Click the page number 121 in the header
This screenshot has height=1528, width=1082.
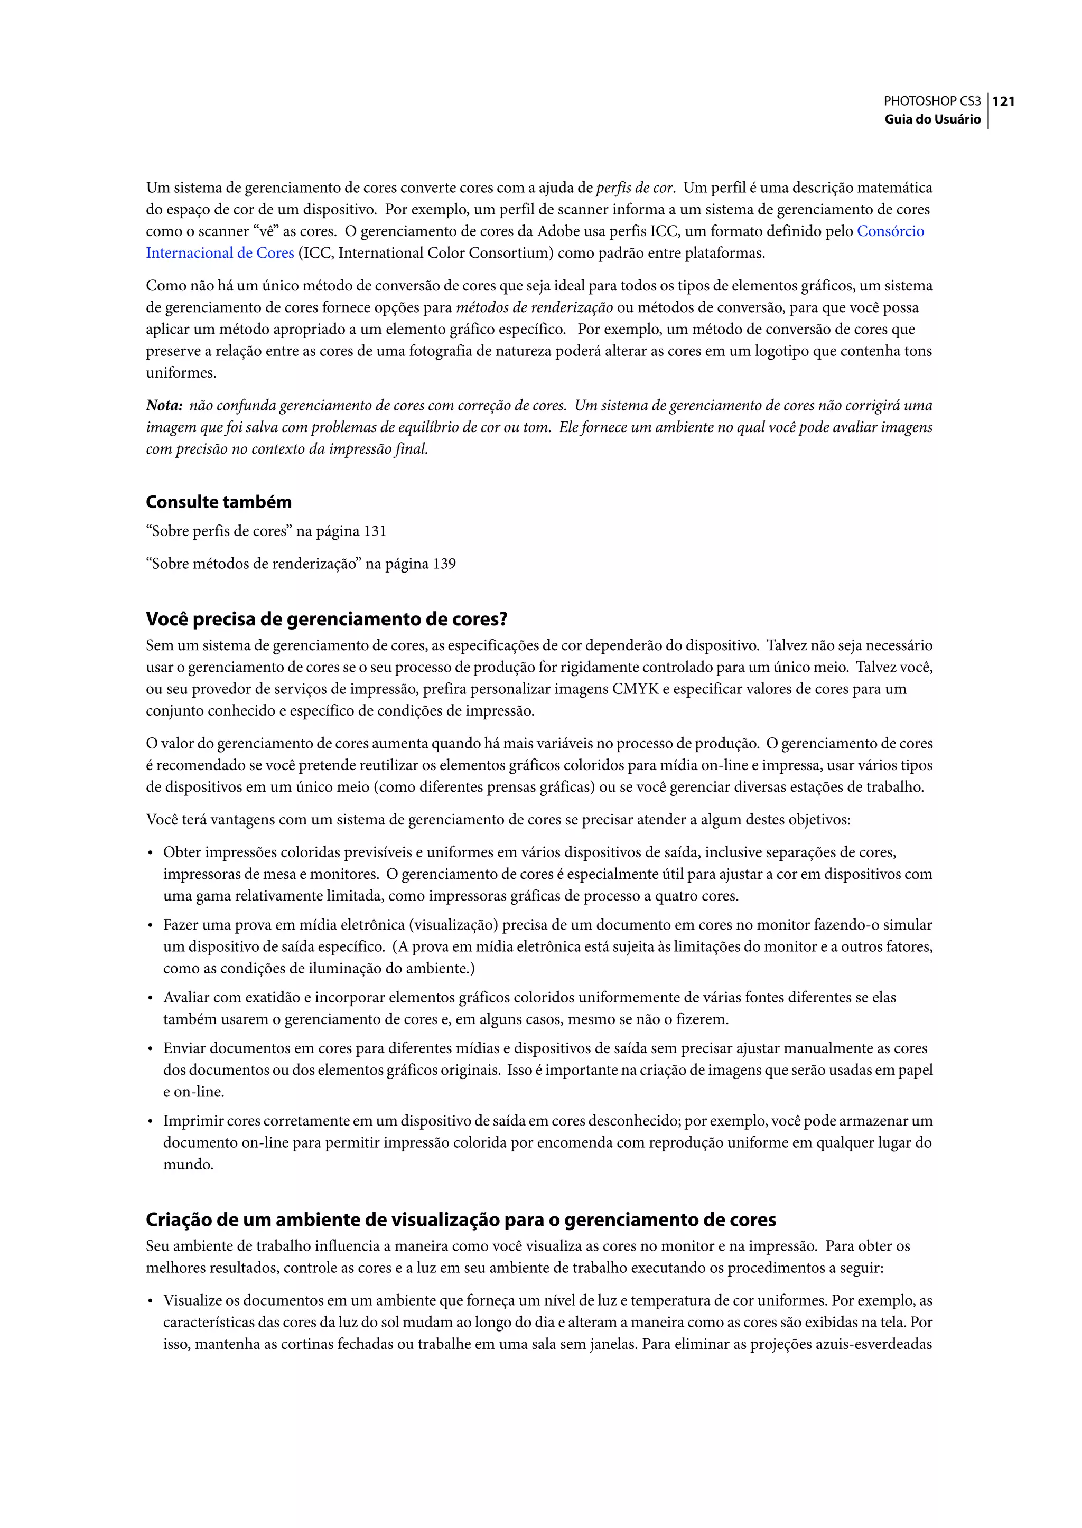1003,101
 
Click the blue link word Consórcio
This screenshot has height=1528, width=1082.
890,231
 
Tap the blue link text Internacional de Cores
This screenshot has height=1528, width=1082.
220,253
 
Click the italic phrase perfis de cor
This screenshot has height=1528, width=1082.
635,188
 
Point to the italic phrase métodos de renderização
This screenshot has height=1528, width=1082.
534,308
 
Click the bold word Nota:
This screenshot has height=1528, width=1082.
164,406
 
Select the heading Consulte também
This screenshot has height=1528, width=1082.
219,502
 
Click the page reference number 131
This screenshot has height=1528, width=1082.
375,531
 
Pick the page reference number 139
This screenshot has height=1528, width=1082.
444,564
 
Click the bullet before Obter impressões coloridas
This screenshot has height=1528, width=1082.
151,853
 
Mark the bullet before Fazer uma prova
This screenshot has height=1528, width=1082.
151,926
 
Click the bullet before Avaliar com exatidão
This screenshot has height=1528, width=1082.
151,998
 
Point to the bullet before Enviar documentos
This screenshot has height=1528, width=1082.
151,1049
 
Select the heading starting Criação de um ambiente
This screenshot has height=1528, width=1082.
461,1220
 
